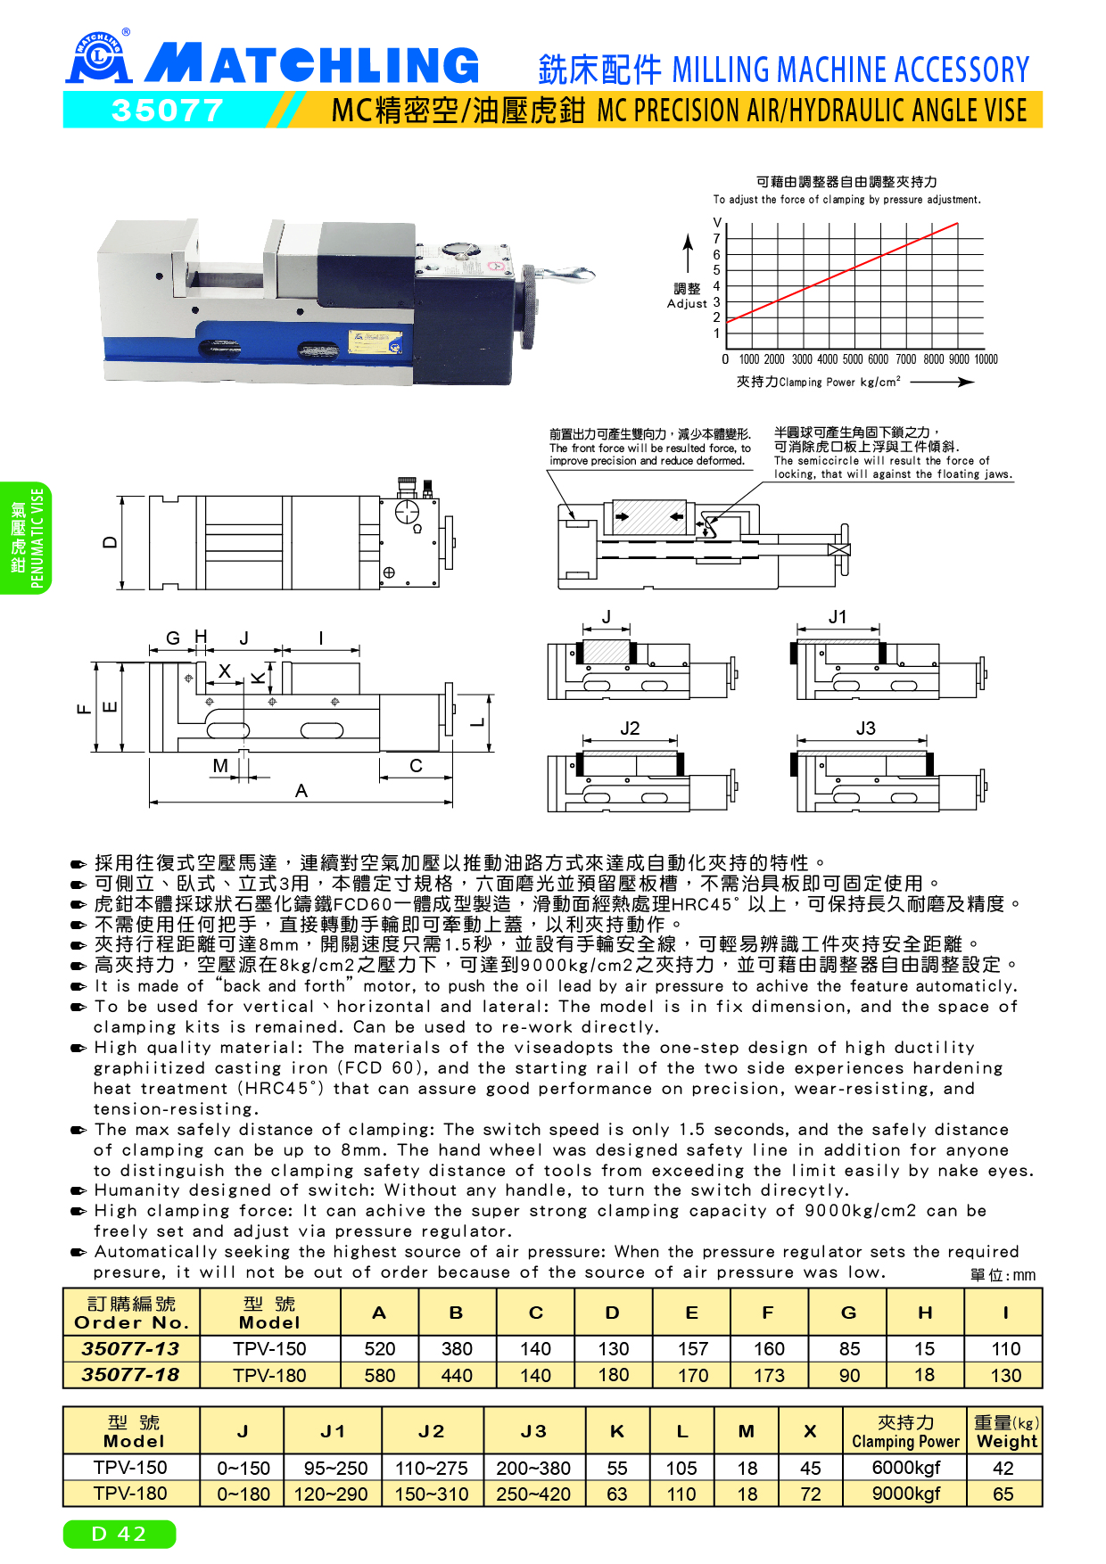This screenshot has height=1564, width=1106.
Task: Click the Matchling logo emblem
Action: (x=99, y=57)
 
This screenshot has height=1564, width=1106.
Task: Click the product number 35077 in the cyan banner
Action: (x=167, y=111)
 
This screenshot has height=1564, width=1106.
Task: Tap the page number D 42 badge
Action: (x=119, y=1534)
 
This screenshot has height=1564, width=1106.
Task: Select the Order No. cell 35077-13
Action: (x=131, y=1348)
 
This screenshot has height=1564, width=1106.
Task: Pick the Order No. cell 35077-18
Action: (x=131, y=1375)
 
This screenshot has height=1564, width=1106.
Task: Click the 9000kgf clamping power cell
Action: (x=905, y=1494)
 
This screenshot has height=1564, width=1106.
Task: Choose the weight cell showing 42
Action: (x=1003, y=1468)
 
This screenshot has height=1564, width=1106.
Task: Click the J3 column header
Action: (x=533, y=1431)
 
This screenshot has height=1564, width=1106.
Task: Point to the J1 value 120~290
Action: (x=331, y=1494)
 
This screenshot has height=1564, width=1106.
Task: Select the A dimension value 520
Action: (x=379, y=1348)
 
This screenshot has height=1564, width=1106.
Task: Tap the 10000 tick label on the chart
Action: (x=986, y=359)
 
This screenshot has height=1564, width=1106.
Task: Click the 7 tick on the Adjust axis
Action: (x=716, y=238)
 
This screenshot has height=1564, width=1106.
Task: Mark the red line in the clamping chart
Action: (x=843, y=272)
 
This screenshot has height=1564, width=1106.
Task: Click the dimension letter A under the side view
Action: (x=301, y=791)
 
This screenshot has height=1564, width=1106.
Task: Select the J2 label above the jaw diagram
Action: (x=630, y=728)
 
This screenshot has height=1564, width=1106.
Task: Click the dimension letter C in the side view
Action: (x=416, y=765)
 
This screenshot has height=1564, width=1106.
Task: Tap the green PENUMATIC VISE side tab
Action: (x=25, y=538)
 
